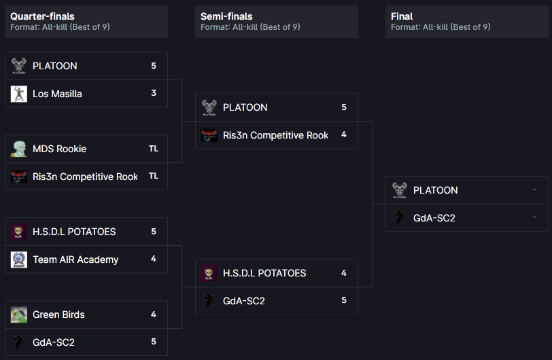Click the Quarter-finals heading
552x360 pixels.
(42, 16)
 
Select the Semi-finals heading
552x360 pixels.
(226, 16)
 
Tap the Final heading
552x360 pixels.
(402, 16)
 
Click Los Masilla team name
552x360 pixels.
(57, 94)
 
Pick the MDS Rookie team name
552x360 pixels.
(59, 149)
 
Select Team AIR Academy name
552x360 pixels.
(75, 259)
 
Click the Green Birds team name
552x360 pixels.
(58, 314)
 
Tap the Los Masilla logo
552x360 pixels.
(19, 94)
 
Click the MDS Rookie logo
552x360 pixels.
(19, 149)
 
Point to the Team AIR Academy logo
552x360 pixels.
(19, 259)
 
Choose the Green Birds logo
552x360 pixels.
(19, 314)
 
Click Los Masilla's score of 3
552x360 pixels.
(154, 94)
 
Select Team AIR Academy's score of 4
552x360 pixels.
(154, 259)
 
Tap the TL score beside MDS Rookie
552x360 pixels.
(154, 149)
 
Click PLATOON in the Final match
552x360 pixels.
(435, 190)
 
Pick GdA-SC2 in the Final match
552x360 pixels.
(434, 218)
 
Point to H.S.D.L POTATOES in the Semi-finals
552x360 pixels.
(264, 273)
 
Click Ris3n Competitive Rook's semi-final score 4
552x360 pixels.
(344, 135)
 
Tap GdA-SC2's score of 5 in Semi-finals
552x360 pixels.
(344, 301)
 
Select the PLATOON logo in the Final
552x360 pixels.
(400, 190)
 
